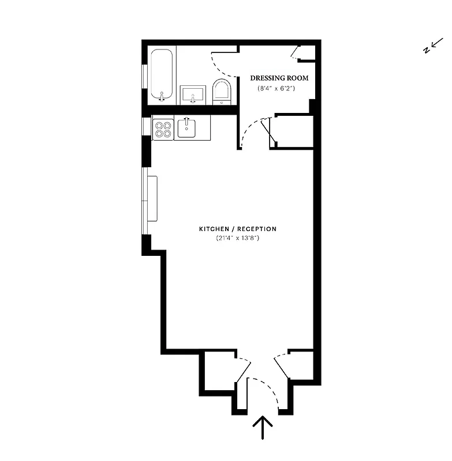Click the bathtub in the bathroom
162,75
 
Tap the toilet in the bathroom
221,92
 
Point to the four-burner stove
163,128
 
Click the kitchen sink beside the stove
186,127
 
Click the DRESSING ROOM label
279,78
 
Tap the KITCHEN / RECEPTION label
237,229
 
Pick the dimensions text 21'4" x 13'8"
237,238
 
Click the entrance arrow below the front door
263,428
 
